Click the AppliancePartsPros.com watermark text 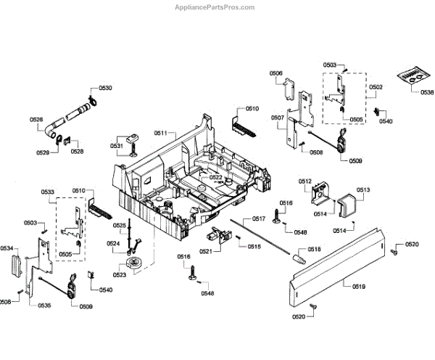pos(215,7)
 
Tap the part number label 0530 pos(105,88)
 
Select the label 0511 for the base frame pos(160,133)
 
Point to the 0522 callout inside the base pos(215,177)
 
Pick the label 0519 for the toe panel pos(358,287)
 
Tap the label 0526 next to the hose pos(36,119)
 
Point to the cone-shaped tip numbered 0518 pos(297,255)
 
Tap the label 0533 pos(48,192)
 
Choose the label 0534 pos(7,249)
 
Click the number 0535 pos(44,306)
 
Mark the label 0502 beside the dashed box pos(376,87)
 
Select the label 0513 pos(362,189)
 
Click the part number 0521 pos(205,251)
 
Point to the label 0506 pos(276,73)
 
